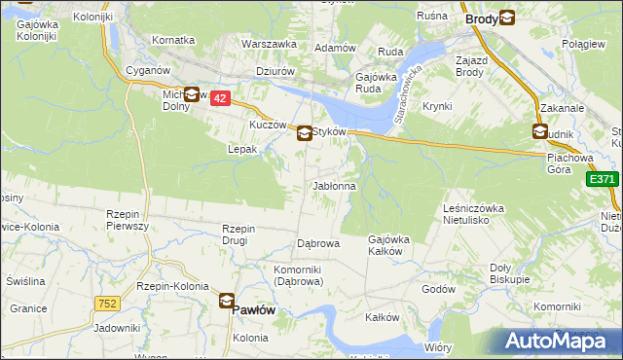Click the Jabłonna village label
[334, 186]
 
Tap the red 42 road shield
[220, 99]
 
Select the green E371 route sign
[603, 179]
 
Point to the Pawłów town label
[256, 308]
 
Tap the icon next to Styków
[305, 133]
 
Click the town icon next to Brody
[507, 18]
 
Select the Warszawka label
[269, 45]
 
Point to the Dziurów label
[275, 70]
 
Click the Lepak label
[241, 150]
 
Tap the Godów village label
[438, 289]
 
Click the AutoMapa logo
[551, 341]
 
